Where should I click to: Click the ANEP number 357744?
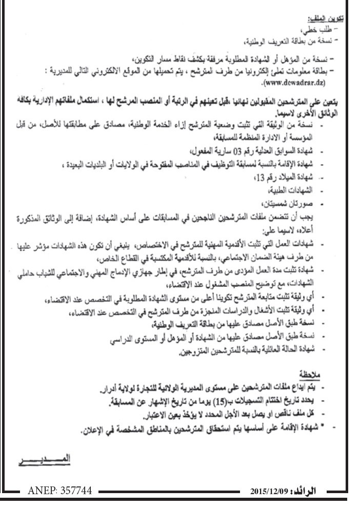point(59,491)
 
